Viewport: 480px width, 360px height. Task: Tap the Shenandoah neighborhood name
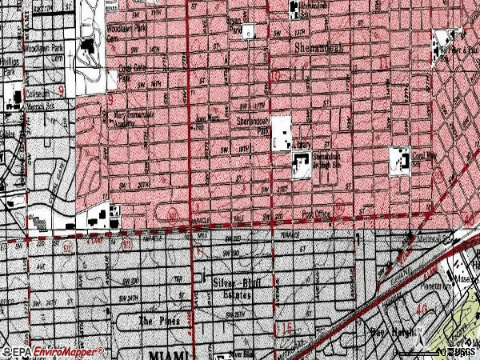[318, 48]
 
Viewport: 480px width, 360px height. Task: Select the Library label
[302, 146]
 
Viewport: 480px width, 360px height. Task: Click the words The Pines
[157, 321]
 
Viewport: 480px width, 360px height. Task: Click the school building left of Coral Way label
[399, 159]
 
